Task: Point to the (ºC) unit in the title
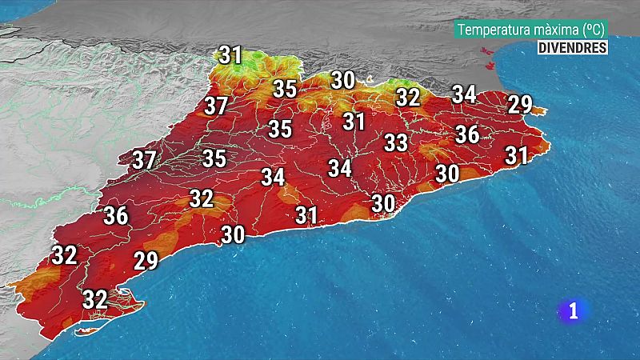[592, 30]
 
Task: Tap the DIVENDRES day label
[572, 47]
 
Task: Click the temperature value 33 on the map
[396, 143]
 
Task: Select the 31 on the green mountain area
[230, 55]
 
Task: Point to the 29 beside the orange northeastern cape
[520, 104]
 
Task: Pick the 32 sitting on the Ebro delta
[95, 299]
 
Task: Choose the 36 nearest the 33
[467, 134]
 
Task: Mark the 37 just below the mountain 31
[215, 106]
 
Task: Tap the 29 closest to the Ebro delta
[146, 261]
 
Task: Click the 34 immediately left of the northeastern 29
[464, 94]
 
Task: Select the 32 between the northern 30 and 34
[408, 98]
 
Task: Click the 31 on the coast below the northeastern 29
[517, 155]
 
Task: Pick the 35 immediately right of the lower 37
[214, 158]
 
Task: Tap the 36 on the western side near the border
[116, 215]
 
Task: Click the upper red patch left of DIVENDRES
[484, 51]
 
